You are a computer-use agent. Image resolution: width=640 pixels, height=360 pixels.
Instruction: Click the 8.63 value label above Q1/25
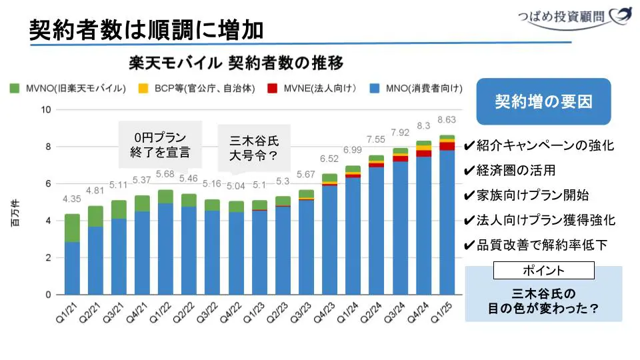447,120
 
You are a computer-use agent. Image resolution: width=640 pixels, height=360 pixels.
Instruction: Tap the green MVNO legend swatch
15,88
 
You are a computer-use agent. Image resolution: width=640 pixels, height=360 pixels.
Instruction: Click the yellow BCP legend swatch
143,88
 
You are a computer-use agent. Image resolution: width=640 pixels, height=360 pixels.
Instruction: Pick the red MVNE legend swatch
272,88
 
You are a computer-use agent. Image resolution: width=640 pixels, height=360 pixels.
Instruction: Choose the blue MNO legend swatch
375,88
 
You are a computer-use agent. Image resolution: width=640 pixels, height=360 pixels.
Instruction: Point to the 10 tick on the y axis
46,110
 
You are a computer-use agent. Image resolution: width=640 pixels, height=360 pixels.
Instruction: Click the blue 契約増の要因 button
543,101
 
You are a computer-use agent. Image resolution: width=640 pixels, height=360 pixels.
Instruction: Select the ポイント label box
543,270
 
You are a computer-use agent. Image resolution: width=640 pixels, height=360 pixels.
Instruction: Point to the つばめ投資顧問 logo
574,17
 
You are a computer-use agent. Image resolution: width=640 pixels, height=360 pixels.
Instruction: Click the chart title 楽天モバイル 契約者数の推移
236,63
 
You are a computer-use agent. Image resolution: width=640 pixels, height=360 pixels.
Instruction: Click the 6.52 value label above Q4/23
329,159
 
